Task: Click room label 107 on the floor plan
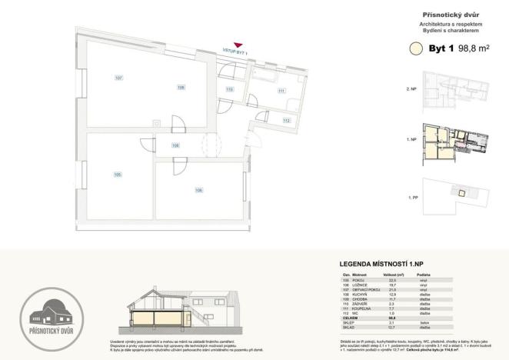pyautogui.click(x=118, y=78)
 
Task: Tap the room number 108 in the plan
pyautogui.click(x=181, y=87)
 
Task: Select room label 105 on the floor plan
pyautogui.click(x=118, y=174)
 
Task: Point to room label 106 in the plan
pyautogui.click(x=198, y=190)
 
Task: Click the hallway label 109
pyautogui.click(x=175, y=145)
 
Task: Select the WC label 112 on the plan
pyautogui.click(x=285, y=121)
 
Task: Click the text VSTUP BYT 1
pyautogui.click(x=236, y=52)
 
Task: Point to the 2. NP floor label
pyautogui.click(x=411, y=89)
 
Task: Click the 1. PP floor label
pyautogui.click(x=411, y=198)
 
